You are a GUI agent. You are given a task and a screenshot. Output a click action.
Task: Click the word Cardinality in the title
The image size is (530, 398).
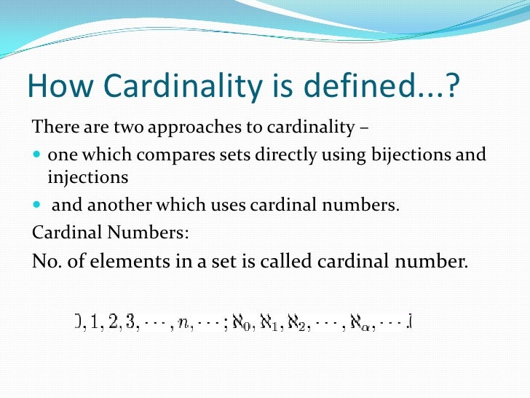pos(177,88)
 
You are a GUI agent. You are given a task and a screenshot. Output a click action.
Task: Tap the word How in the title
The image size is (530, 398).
pos(55,88)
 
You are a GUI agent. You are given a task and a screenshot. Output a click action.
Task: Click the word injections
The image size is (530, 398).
pos(88,178)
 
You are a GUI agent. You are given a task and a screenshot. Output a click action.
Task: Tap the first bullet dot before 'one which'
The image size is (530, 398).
pos(37,156)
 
